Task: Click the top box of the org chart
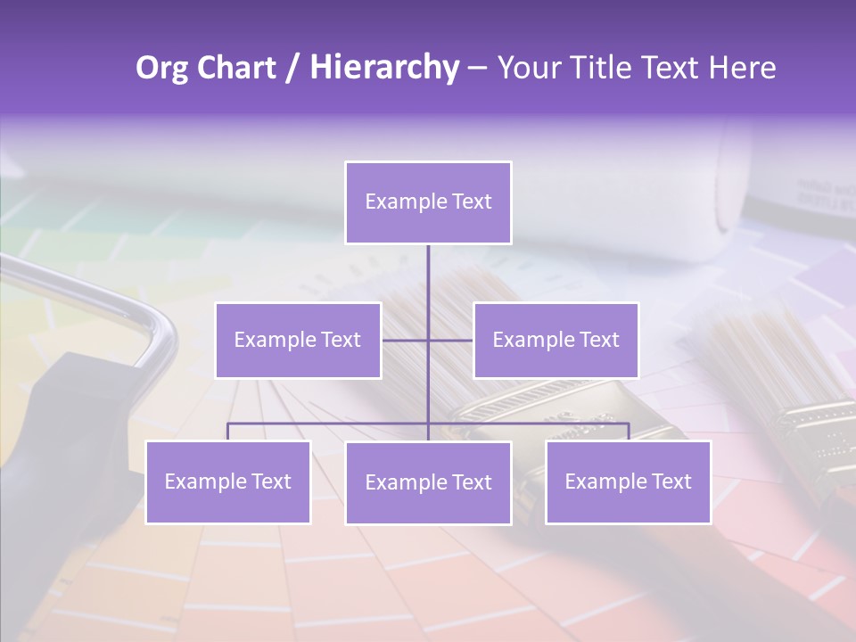tap(428, 202)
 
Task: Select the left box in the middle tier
tap(298, 340)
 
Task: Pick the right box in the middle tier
tap(556, 340)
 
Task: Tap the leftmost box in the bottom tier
tap(227, 481)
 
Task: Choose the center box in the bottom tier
tap(428, 482)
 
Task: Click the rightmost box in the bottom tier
tap(628, 481)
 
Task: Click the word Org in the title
tap(162, 68)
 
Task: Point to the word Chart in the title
tap(236, 68)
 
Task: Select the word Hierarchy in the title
tap(383, 68)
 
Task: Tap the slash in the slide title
tap(292, 68)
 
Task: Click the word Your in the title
tap(527, 68)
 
